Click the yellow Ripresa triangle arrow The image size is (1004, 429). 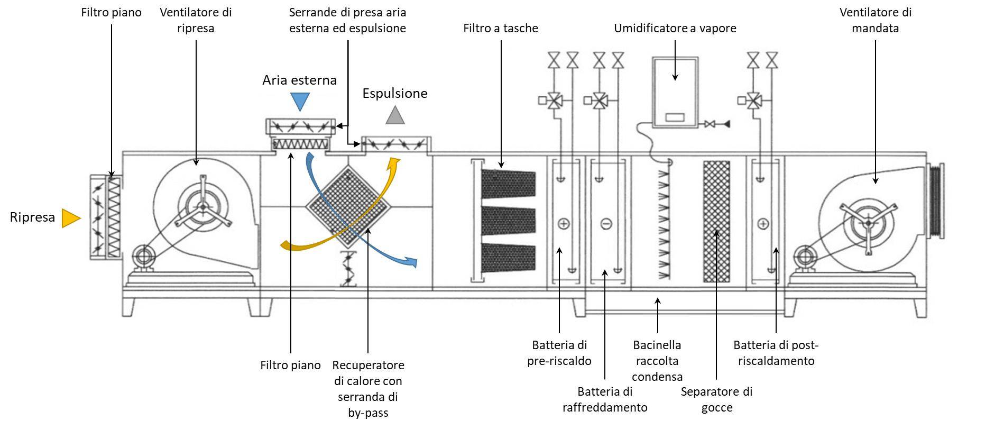[70, 218]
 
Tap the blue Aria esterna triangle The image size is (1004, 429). [300, 101]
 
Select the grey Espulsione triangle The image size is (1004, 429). [395, 115]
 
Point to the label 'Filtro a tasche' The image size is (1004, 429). [500, 28]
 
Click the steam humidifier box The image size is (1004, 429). [675, 93]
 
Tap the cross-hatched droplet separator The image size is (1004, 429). [716, 221]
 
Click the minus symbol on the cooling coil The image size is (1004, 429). [606, 224]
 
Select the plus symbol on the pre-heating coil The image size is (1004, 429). [564, 224]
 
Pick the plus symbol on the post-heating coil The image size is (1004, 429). [763, 224]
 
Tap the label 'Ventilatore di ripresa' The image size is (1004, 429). [196, 20]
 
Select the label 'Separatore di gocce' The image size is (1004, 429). [716, 399]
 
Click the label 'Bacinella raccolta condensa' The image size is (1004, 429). [657, 361]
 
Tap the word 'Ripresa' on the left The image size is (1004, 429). [32, 217]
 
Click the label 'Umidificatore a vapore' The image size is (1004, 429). [675, 28]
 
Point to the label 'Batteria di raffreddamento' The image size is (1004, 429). [605, 399]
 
